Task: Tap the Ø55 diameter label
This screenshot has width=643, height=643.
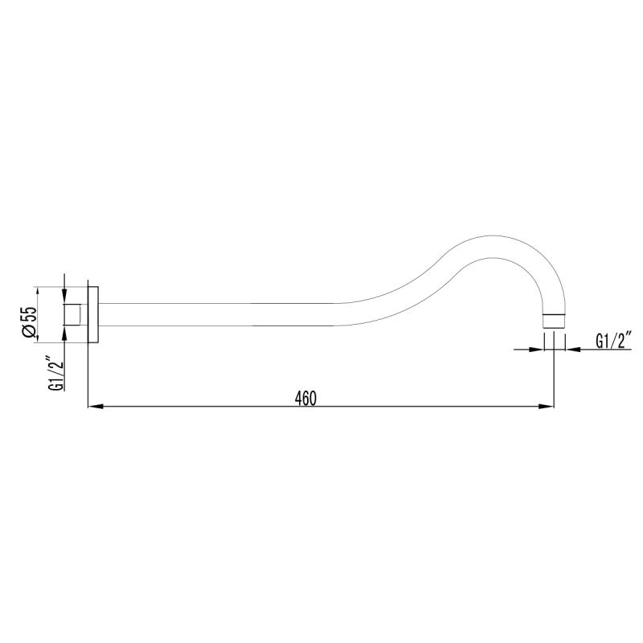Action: point(28,322)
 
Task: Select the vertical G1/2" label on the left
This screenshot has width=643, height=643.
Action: point(55,374)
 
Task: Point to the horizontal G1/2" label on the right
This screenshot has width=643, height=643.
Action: point(614,341)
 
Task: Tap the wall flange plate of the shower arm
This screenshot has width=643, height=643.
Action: point(92,314)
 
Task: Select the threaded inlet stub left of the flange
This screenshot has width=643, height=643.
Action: point(74,314)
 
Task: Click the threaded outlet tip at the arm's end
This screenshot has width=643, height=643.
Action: point(555,319)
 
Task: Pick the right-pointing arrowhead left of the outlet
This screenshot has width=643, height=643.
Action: point(538,350)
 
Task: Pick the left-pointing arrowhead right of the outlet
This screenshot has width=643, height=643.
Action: point(572,350)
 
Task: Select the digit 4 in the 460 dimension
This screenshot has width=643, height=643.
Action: point(297,397)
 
